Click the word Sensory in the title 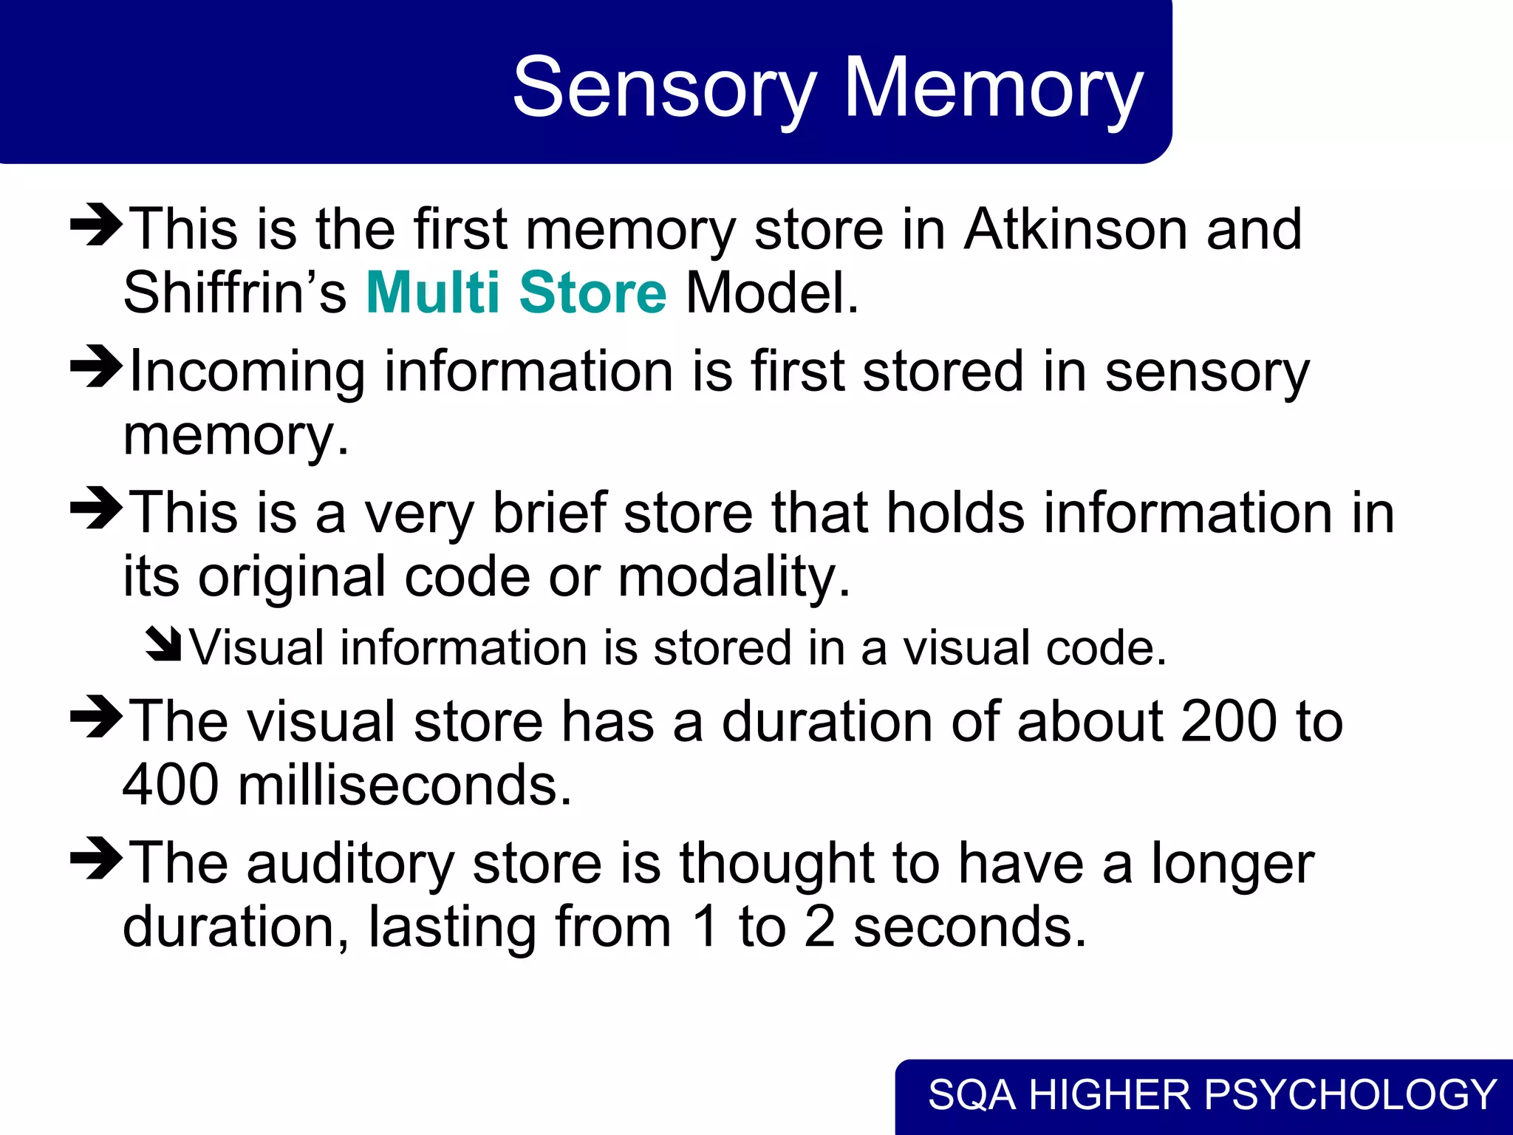coord(664,89)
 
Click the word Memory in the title coord(993,89)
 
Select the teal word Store coord(592,293)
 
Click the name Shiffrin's coord(234,293)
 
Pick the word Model coord(772,293)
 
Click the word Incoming coord(247,372)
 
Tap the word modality coord(734,576)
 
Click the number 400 coord(170,785)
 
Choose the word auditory coord(350,863)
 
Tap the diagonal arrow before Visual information coord(163,644)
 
